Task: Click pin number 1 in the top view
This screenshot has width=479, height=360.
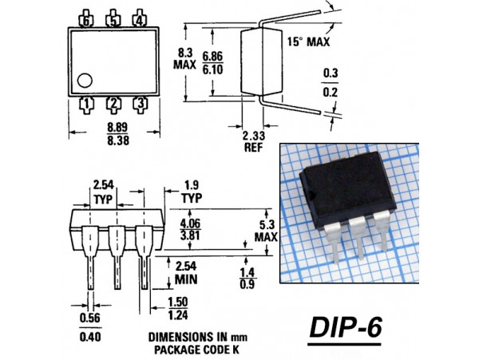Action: (x=87, y=102)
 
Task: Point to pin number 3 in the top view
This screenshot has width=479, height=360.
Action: (x=140, y=102)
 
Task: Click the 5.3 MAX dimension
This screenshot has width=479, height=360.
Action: (x=266, y=230)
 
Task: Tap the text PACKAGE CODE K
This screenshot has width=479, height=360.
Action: (x=184, y=349)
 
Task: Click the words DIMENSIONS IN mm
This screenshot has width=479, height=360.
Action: (x=184, y=337)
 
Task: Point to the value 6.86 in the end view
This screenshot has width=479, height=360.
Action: (x=212, y=54)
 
